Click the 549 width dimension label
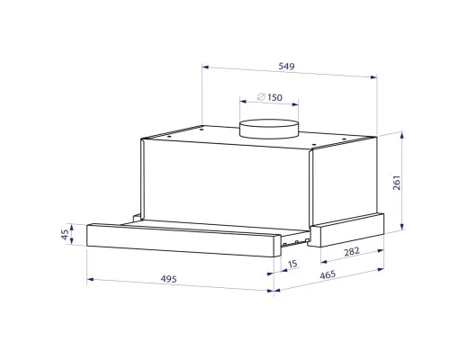coord(286,66)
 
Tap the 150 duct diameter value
coord(274,97)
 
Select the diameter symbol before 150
coord(261,96)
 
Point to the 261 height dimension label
coord(397,183)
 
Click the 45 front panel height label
coord(65,235)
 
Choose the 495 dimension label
coord(168,279)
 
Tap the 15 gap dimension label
coord(292,264)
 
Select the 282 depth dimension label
coord(352,251)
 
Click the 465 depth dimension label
coord(328,274)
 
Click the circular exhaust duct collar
coord(269,129)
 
